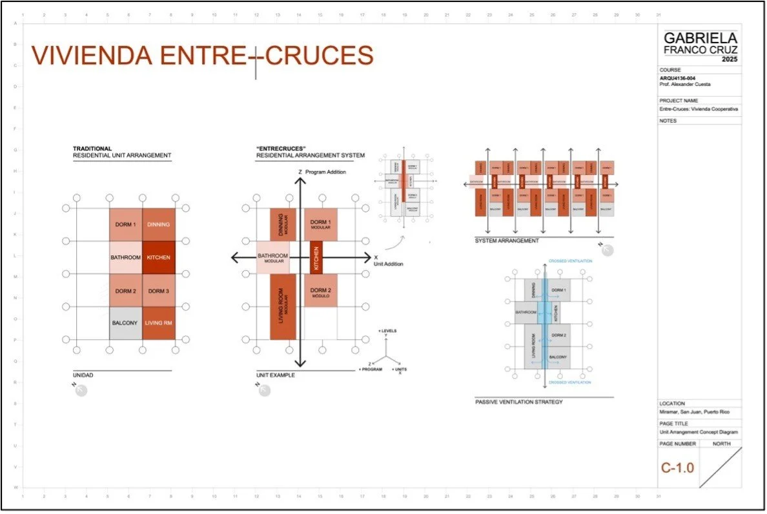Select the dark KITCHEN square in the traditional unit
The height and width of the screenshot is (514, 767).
(x=158, y=257)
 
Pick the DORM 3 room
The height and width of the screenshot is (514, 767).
(x=158, y=290)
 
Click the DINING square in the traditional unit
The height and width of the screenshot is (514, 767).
(x=158, y=224)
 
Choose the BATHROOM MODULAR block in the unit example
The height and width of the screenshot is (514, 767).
(x=272, y=258)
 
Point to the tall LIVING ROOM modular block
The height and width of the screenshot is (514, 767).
(x=283, y=306)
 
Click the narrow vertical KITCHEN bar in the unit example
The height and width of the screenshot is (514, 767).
(x=316, y=257)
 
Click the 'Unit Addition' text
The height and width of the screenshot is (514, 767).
(x=388, y=264)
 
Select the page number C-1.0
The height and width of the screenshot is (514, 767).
(x=677, y=468)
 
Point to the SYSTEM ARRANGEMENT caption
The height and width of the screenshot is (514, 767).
(x=507, y=241)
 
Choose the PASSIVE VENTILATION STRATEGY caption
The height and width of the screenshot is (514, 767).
(x=519, y=402)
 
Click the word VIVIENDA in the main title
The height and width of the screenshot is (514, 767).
(x=92, y=55)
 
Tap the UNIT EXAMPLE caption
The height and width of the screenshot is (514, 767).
(x=276, y=375)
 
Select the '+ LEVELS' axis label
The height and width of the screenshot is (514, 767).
(x=389, y=331)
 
